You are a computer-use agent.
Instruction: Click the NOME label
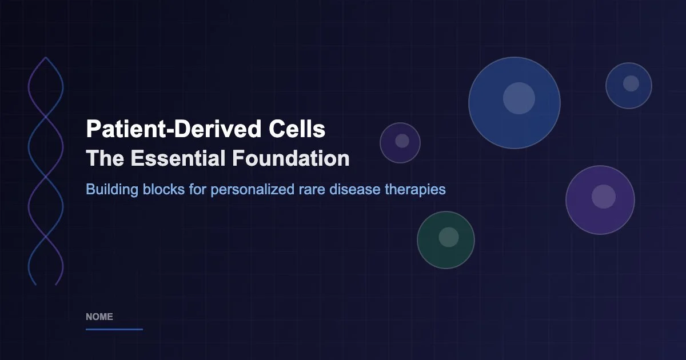click(x=99, y=317)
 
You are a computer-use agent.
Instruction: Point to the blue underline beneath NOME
click(x=114, y=329)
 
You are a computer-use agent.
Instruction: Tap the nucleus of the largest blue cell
click(x=519, y=98)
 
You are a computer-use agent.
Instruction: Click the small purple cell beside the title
click(x=400, y=143)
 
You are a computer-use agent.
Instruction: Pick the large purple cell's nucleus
click(x=603, y=197)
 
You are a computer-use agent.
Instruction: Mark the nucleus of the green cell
click(x=449, y=237)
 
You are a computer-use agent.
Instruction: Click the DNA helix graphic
click(x=45, y=171)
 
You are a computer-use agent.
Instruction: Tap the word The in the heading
click(x=104, y=158)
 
